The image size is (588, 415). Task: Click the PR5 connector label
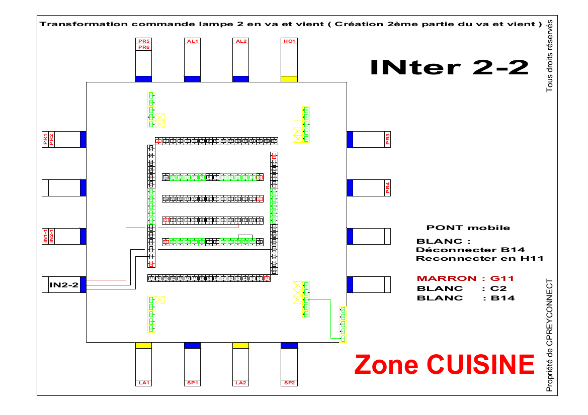tap(144, 41)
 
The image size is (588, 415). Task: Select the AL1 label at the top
tap(192, 41)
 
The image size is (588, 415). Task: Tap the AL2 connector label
tap(240, 41)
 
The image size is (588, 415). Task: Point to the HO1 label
tap(289, 41)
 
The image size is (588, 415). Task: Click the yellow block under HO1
tap(289, 79)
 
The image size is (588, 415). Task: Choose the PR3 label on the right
tap(387, 139)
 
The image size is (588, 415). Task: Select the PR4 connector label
tap(387, 188)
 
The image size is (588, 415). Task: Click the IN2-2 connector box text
tap(64, 285)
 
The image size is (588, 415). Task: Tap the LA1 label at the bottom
tap(144, 383)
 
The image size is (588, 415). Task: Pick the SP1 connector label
tap(192, 383)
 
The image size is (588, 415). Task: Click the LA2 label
tap(240, 383)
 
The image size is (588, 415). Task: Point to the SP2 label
tap(289, 383)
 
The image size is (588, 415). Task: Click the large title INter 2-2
tap(449, 67)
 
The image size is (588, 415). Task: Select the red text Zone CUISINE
tap(444, 364)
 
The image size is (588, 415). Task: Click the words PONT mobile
tap(468, 228)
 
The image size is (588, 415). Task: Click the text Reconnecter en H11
tap(479, 258)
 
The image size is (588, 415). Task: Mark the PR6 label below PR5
tap(144, 47)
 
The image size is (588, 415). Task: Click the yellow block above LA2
tap(240, 345)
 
